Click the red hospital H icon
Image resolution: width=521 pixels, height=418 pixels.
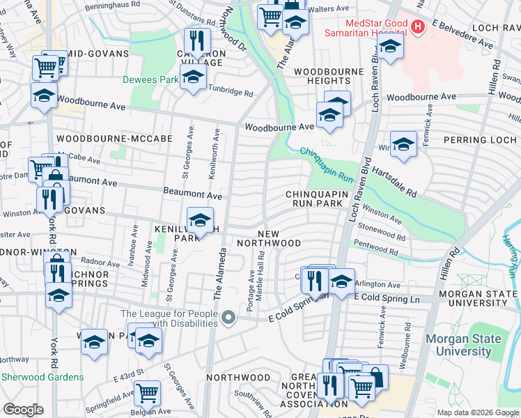click(x=417, y=27)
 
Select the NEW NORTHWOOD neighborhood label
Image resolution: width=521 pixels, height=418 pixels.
click(x=269, y=238)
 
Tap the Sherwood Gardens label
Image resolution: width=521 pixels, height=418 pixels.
click(x=42, y=377)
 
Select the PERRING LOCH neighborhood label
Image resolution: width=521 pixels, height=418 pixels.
click(x=483, y=139)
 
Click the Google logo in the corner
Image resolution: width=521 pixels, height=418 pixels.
click(x=24, y=410)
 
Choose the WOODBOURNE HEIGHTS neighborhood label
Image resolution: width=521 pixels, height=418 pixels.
click(x=329, y=77)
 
